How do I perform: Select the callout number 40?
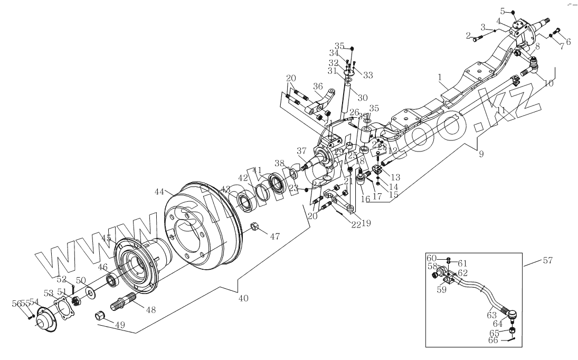(x=243, y=298)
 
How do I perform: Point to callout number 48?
(x=150, y=310)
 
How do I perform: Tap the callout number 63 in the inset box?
(x=491, y=316)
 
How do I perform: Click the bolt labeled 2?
(x=477, y=39)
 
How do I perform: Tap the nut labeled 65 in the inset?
(x=511, y=330)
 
